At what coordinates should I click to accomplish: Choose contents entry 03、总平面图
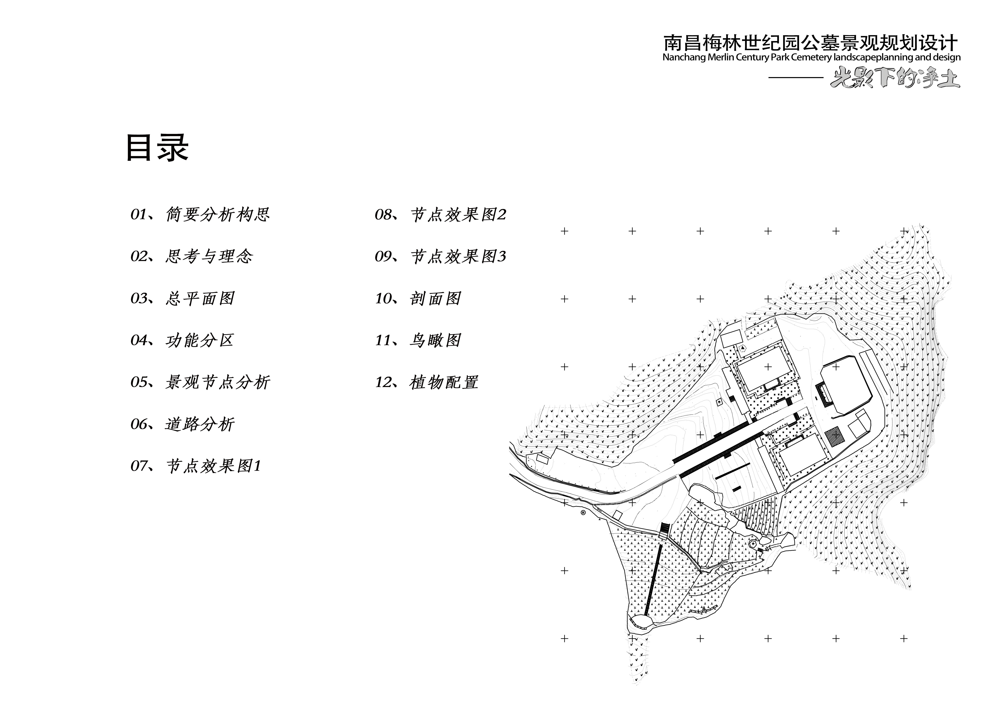pos(183,298)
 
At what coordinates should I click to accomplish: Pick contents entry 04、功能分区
pos(183,340)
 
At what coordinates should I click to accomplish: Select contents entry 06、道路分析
pos(183,424)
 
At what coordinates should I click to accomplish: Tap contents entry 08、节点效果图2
pos(440,214)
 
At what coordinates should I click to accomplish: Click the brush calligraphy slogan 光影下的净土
pos(895,78)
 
